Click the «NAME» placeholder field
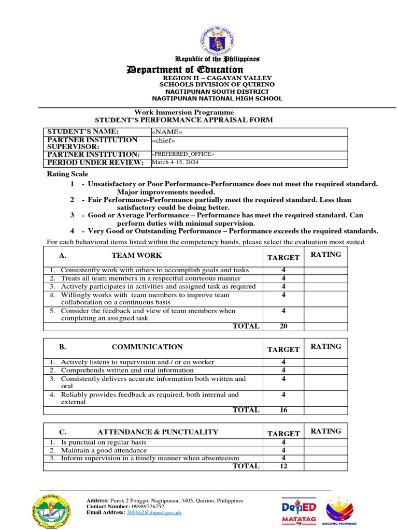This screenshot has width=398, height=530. pos(167,132)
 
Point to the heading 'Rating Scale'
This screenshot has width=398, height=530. pos(68,174)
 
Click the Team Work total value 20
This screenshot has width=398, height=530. pos(283,326)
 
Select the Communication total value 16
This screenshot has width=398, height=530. pos(283,410)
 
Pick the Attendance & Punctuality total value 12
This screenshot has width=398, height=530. pos(283,466)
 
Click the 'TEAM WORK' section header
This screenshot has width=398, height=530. pos(136,255)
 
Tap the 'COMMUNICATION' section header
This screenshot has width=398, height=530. pos(147,347)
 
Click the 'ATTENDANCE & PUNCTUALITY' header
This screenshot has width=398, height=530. pos(158,432)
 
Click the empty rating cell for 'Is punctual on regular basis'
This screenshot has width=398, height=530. pos(325,443)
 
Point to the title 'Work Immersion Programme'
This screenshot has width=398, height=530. pos(184,112)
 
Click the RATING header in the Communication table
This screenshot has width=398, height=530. pos(325,346)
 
